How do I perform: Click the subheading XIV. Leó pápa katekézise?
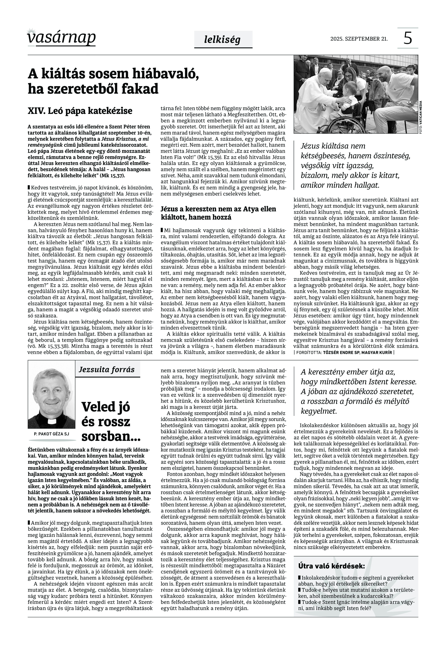coord(80,111)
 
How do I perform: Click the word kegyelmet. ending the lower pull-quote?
coord(319,411)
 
